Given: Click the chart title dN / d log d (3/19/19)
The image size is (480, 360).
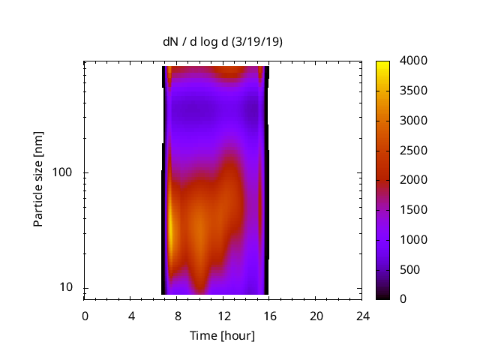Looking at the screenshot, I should (223, 42).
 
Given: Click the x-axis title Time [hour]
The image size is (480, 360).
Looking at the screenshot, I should (223, 335).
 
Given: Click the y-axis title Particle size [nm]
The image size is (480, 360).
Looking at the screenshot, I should (38, 179).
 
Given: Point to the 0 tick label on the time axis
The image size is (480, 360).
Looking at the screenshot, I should (85, 316).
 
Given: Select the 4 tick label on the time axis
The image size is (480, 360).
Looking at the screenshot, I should (131, 316).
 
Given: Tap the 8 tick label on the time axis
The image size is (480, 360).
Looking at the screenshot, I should (178, 316).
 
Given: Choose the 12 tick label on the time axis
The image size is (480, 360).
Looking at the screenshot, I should (223, 316).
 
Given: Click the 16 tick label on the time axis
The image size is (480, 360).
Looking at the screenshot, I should (270, 316).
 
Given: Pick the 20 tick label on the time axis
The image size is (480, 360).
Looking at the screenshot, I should (316, 316).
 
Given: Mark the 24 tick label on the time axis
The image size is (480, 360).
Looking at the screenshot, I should (363, 316).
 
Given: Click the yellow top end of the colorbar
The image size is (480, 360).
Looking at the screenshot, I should (382, 63).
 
